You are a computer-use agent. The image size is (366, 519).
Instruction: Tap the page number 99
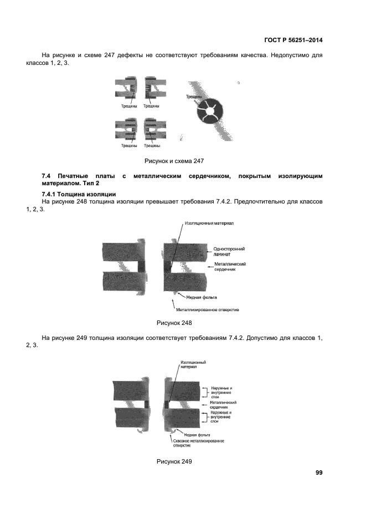coord(319,472)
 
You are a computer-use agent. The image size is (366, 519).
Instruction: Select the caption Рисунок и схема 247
coord(174,161)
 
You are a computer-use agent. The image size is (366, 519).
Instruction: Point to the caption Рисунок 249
coord(174,461)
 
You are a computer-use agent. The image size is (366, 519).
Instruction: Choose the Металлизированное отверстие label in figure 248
coord(208,309)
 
